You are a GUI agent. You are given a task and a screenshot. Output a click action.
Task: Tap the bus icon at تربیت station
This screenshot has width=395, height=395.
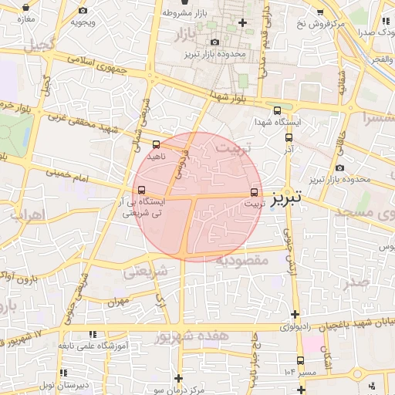(x=255, y=193)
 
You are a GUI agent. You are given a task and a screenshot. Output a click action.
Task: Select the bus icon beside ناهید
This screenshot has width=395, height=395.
(x=157, y=144)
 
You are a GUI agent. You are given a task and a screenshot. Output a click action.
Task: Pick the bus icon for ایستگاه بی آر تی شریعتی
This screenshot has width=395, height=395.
(x=140, y=190)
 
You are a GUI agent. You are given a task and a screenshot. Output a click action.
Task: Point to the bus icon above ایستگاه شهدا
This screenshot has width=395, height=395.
(x=277, y=110)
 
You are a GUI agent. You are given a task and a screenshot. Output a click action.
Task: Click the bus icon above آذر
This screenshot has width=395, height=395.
(x=289, y=137)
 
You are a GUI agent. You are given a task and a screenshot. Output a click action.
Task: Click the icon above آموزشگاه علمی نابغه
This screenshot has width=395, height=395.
(x=93, y=336)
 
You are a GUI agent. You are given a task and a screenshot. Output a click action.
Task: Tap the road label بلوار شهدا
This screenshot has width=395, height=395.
(x=228, y=96)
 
